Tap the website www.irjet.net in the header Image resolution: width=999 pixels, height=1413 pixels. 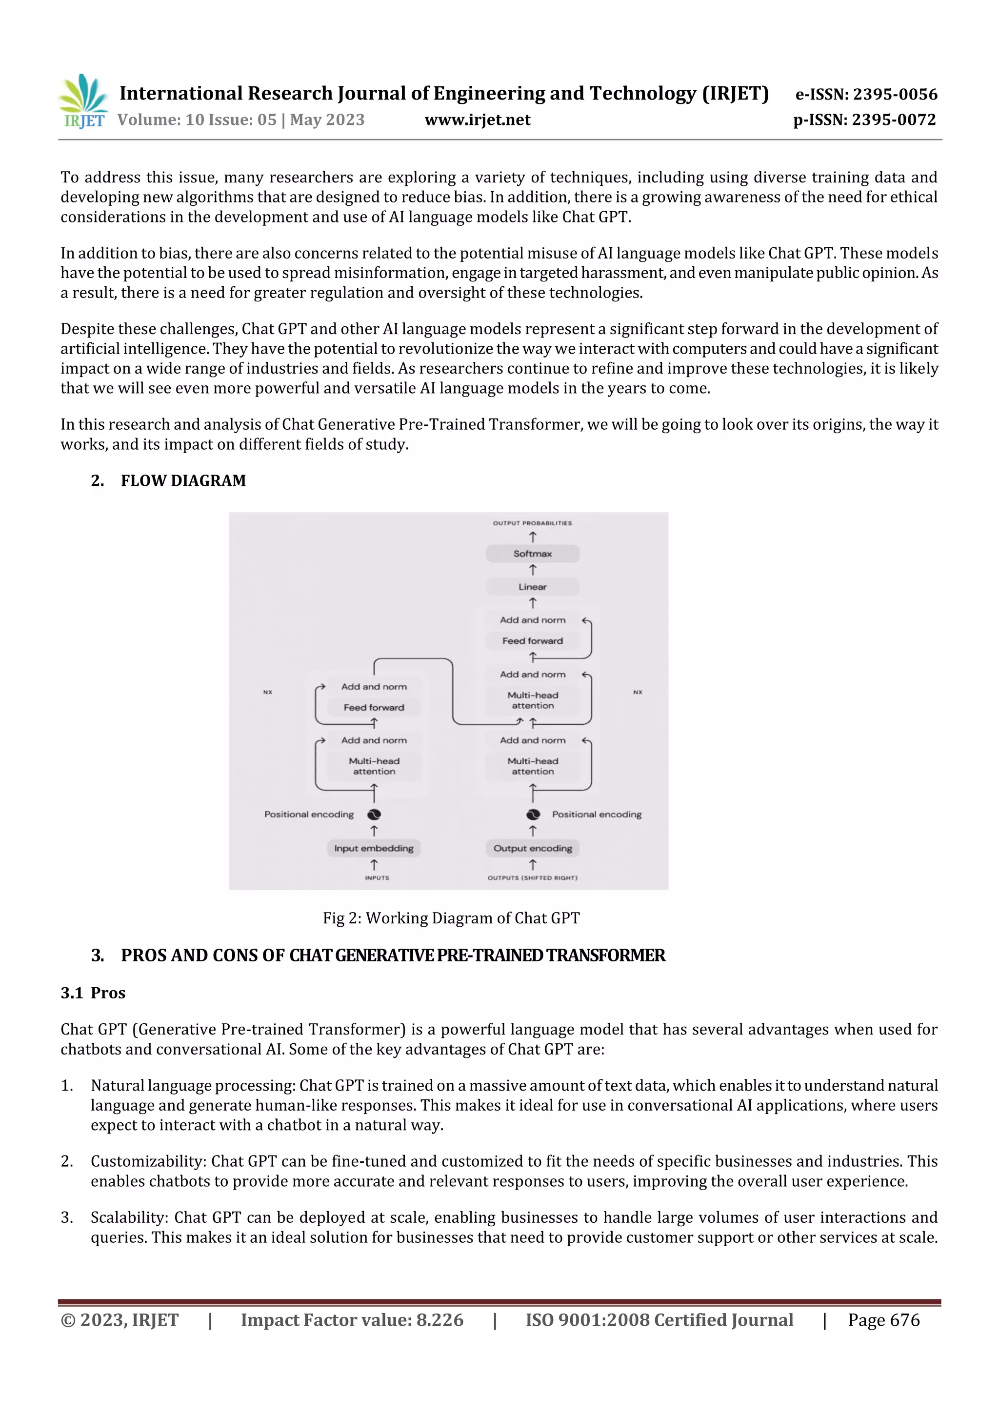[x=477, y=119]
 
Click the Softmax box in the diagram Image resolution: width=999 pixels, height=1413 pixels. [x=533, y=553]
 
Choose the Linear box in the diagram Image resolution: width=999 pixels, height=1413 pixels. [x=533, y=586]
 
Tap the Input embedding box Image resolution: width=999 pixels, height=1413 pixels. [x=374, y=848]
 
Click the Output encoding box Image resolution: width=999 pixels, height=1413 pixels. [x=533, y=848]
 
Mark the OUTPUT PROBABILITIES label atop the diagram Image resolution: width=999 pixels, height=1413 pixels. [x=533, y=523]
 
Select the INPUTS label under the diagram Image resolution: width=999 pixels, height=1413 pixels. [x=377, y=877]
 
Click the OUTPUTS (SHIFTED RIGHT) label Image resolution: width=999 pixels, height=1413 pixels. [x=533, y=877]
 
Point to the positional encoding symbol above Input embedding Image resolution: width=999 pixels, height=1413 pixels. [x=374, y=814]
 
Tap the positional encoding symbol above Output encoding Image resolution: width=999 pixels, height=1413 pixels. [x=533, y=814]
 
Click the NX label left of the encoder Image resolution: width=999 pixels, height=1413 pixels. [x=268, y=692]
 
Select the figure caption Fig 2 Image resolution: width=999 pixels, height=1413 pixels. [x=451, y=918]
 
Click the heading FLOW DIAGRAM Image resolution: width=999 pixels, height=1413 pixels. [x=183, y=480]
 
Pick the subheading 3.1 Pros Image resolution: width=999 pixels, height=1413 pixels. [x=93, y=993]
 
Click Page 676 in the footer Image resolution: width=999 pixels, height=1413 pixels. [x=883, y=1320]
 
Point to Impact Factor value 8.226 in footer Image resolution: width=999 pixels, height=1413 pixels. [x=352, y=1320]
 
